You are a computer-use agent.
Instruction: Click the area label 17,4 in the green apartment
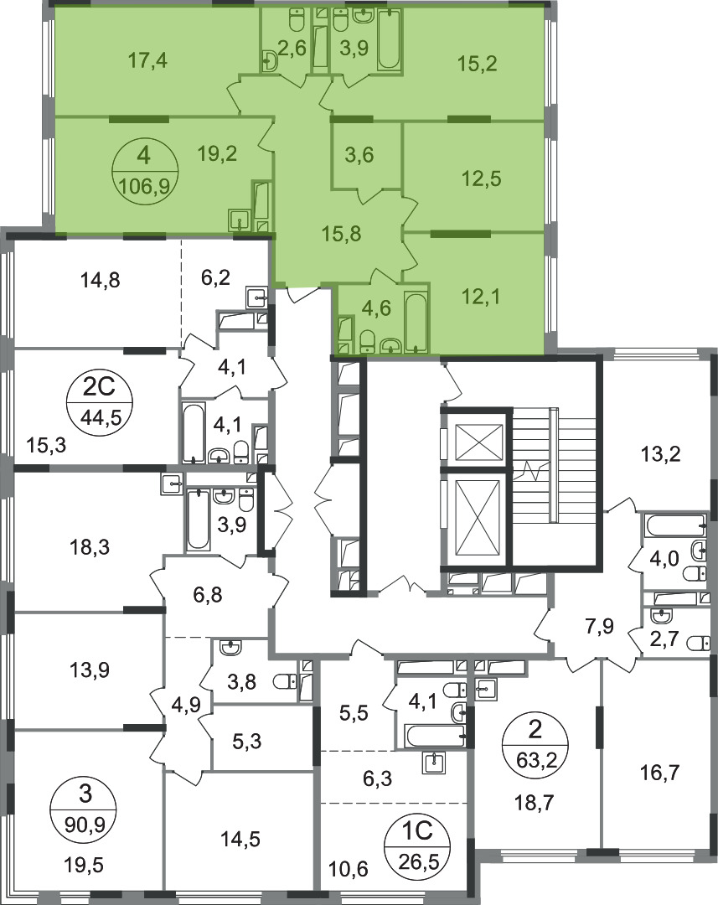coord(147,59)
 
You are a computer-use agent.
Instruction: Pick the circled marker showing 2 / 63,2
coord(535,745)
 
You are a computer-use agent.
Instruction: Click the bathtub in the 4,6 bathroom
coord(416,322)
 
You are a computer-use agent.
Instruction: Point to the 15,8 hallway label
coord(342,233)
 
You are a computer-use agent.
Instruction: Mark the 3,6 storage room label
coord(359,155)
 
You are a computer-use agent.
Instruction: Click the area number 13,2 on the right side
coord(660,454)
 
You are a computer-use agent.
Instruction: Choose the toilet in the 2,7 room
coord(699,643)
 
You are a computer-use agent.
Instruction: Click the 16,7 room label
coord(659,771)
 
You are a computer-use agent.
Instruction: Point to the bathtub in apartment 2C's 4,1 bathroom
coord(193,433)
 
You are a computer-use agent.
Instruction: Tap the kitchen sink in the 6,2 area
coord(257,297)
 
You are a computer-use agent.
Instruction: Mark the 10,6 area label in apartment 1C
coord(349,868)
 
